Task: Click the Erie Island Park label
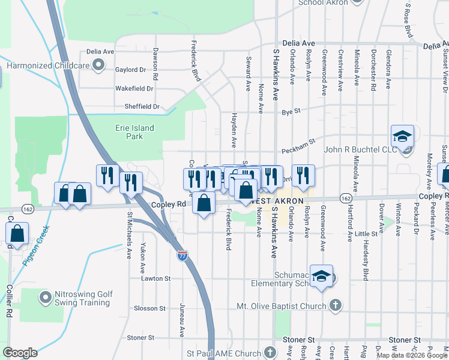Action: click(x=134, y=132)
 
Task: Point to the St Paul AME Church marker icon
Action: click(x=270, y=352)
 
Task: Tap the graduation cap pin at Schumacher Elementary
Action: click(x=322, y=277)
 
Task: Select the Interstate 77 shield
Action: click(x=182, y=256)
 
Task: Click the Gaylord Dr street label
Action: click(x=130, y=70)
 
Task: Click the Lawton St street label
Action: click(x=156, y=279)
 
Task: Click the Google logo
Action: click(x=20, y=353)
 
